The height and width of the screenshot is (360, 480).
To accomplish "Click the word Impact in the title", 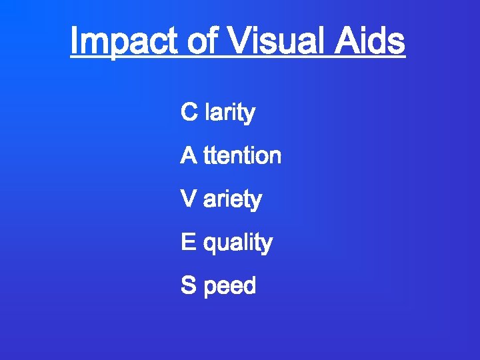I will point(124,41).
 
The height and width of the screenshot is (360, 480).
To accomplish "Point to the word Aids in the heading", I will point(371,41).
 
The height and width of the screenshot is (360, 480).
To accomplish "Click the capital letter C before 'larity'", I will point(189,113).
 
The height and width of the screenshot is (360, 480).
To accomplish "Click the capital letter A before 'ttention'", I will point(189,156).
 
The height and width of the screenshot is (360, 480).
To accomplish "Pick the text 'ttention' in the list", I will point(243,156).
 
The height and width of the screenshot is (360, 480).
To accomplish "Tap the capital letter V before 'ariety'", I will point(189,199).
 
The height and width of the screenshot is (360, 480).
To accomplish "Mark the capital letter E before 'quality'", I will point(189,243).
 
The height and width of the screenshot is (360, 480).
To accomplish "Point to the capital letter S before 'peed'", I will point(189,286).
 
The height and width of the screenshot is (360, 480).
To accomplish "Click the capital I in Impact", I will point(75,41).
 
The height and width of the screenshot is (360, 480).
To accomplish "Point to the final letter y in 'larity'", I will point(249,115).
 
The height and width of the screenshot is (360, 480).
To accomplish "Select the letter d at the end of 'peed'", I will point(249,286).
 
